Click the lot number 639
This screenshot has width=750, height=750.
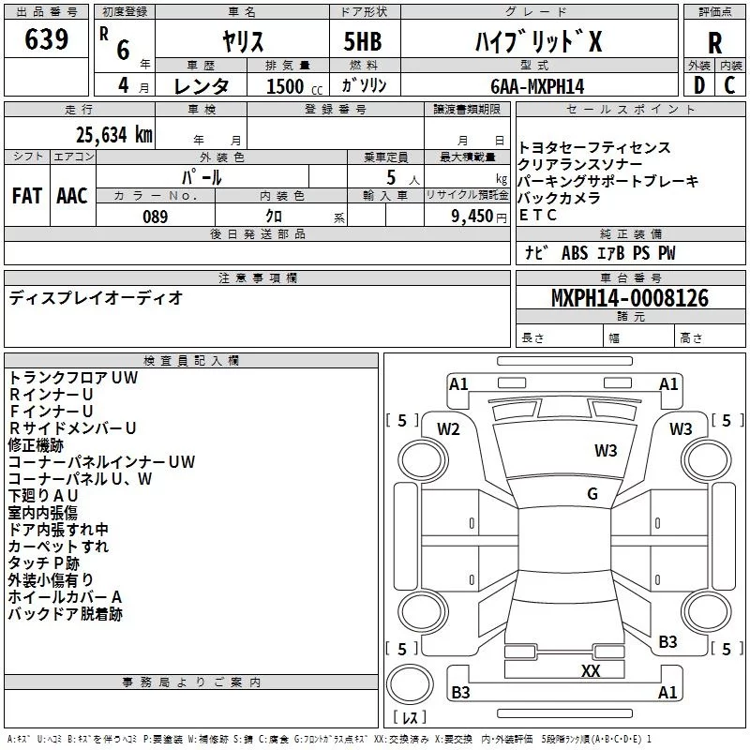(x=46, y=38)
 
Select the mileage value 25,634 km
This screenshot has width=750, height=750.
(x=114, y=135)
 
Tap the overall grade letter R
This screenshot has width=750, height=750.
(x=714, y=43)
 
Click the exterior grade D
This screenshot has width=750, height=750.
(x=698, y=85)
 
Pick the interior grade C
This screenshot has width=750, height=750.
(x=729, y=85)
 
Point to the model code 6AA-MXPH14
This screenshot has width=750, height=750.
(x=537, y=86)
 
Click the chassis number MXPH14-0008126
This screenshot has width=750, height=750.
(x=630, y=298)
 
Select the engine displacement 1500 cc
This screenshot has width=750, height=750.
(x=294, y=86)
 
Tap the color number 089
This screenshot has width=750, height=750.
(x=155, y=217)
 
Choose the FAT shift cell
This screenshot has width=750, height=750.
(x=27, y=196)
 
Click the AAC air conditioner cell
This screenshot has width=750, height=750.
(x=72, y=196)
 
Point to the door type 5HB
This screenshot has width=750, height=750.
(x=363, y=41)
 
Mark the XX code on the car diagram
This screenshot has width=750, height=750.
(x=591, y=670)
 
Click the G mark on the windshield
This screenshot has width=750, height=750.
(x=592, y=493)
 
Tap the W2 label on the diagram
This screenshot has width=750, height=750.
(x=448, y=429)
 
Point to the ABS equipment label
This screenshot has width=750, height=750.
(x=575, y=253)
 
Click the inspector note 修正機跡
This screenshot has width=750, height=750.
(x=36, y=445)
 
